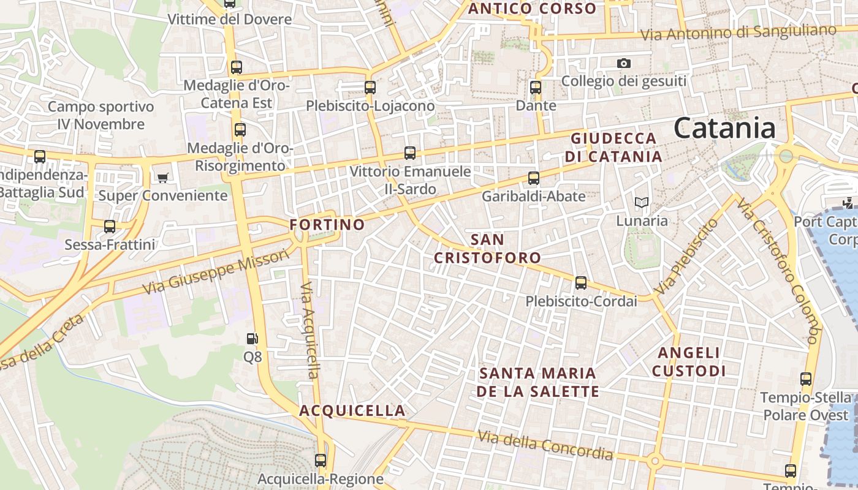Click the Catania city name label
[724, 129]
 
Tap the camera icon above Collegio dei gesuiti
[624, 63]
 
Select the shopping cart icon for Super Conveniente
[162, 178]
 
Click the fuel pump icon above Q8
[252, 338]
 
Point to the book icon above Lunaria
[642, 202]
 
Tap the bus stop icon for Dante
[536, 88]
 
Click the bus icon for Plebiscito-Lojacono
[370, 88]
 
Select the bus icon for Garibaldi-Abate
[534, 178]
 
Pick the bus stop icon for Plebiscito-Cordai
[581, 283]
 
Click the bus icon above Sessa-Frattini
[110, 227]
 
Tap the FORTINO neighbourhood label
[327, 225]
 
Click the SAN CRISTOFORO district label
[488, 249]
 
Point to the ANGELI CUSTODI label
[689, 362]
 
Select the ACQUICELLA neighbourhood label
[352, 411]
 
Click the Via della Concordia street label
[545, 445]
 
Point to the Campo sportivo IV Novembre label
[101, 115]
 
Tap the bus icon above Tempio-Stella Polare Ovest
[806, 379]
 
